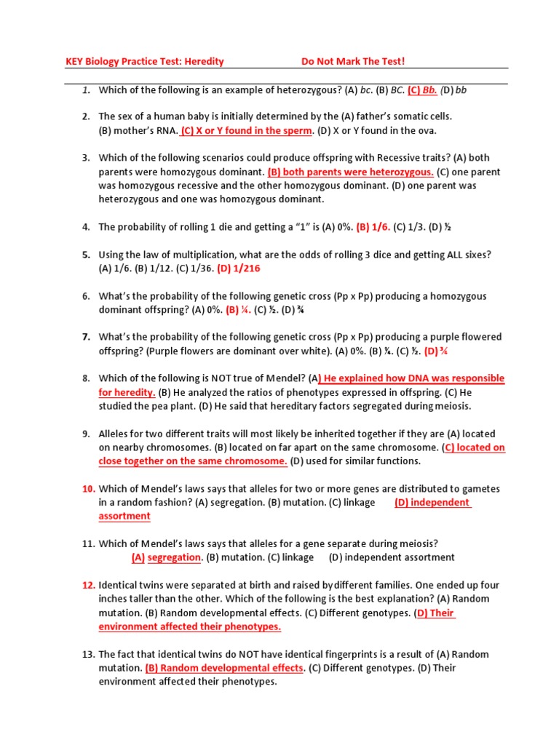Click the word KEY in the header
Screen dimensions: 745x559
pos(75,62)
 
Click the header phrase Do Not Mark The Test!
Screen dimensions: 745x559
pos(352,62)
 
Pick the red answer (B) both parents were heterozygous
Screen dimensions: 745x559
pos(350,172)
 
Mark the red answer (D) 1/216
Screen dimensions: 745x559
pos(238,268)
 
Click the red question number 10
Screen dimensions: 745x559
pos(88,489)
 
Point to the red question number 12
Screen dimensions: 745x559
pos(88,585)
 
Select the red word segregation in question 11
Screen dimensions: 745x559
pos(174,557)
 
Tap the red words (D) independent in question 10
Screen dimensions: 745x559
pos(433,503)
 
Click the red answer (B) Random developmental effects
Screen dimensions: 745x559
pos(224,668)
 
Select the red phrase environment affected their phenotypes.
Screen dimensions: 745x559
pos(189,626)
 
